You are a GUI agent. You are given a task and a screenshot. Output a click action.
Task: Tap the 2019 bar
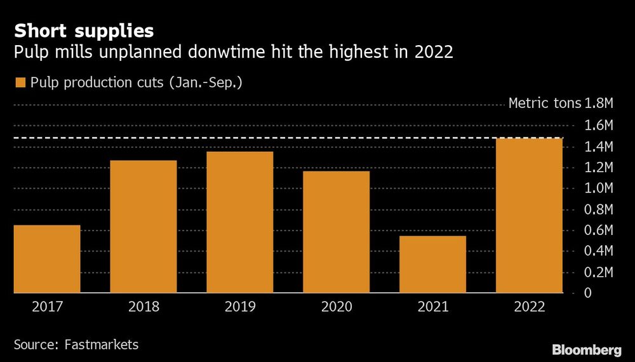click(240, 222)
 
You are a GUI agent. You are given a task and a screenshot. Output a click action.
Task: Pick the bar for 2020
click(337, 232)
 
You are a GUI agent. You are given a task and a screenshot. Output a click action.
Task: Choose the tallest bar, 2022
click(530, 215)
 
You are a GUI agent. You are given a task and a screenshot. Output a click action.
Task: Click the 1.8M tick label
click(601, 104)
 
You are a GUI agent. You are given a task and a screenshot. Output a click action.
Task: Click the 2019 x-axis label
click(240, 307)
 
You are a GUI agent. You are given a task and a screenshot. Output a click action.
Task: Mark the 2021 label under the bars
click(433, 307)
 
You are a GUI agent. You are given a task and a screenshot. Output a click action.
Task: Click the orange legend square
click(20, 83)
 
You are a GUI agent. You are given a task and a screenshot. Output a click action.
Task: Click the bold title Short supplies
click(83, 30)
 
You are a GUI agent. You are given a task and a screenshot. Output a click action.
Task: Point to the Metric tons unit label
click(544, 104)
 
